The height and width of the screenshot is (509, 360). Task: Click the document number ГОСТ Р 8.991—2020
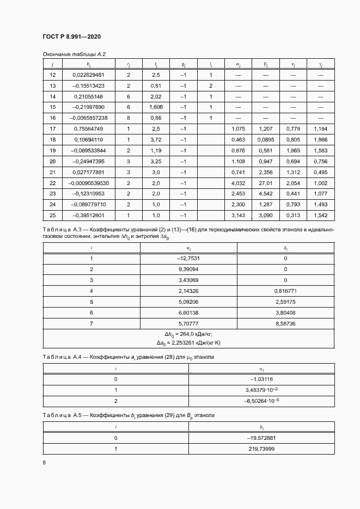coord(71,37)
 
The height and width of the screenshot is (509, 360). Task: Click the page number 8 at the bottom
coord(44,463)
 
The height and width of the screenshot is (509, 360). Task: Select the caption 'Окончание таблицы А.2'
coord(74,55)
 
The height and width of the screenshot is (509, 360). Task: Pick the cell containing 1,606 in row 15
coord(156,107)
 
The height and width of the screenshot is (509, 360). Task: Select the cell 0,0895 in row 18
coord(265,139)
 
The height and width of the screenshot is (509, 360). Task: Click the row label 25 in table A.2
coord(53,215)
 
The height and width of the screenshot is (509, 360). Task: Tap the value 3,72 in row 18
coord(156,139)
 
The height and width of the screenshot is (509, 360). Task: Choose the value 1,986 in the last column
coord(321,139)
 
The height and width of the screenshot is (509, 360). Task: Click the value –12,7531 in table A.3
coord(188,259)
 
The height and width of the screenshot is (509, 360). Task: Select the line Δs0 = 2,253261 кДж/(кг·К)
coord(188,343)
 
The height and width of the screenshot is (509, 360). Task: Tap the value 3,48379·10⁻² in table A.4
coord(261,389)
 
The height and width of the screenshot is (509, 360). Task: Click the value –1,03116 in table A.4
coord(261,378)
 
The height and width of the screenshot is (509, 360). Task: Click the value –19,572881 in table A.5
coord(261,437)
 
